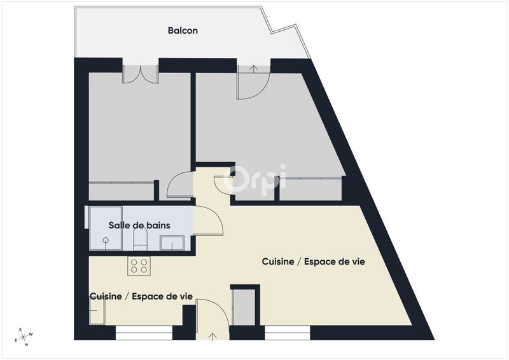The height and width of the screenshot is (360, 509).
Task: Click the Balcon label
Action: click(x=183, y=30)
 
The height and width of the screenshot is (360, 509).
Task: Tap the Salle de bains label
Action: click(x=139, y=225)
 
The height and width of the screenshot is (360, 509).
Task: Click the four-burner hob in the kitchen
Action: click(x=139, y=266)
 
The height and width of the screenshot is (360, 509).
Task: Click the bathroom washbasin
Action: click(x=172, y=242)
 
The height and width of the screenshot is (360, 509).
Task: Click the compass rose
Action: click(x=24, y=337)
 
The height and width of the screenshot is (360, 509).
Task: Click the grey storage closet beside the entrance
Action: click(x=244, y=307)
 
